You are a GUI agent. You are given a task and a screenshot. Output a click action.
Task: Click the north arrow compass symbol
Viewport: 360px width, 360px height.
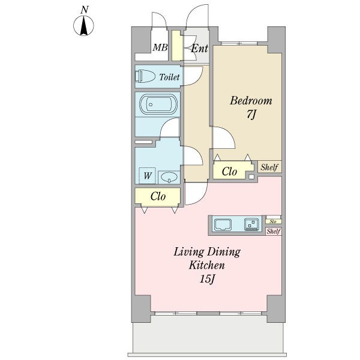click(83, 26)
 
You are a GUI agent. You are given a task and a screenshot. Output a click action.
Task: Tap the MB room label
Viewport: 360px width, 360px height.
click(160, 47)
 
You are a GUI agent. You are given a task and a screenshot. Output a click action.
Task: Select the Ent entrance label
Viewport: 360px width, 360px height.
click(199, 49)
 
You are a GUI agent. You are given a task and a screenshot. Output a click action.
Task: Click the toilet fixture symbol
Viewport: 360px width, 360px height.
click(145, 76)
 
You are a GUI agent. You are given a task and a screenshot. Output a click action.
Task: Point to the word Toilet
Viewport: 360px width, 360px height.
click(169, 77)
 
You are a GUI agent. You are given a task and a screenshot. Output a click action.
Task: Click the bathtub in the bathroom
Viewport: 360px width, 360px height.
click(158, 104)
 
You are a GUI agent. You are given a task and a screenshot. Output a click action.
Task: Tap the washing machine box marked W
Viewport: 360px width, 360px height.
click(148, 176)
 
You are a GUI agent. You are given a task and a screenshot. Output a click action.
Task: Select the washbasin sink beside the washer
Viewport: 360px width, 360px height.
click(169, 177)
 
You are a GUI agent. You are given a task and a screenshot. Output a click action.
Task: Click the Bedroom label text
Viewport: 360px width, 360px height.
click(251, 101)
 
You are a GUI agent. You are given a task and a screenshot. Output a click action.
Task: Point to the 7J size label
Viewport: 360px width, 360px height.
click(251, 114)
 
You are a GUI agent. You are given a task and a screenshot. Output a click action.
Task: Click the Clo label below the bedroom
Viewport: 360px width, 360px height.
click(229, 171)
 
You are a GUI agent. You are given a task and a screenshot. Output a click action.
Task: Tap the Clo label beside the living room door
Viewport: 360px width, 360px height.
click(158, 196)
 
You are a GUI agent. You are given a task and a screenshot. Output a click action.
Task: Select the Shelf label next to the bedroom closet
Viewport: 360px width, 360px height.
click(269, 167)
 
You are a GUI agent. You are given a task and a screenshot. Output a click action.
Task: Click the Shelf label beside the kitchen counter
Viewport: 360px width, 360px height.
click(274, 231)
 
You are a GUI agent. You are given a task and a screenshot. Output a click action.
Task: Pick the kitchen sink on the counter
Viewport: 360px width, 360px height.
click(223, 224)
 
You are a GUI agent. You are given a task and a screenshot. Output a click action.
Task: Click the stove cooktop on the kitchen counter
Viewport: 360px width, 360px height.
click(251, 224)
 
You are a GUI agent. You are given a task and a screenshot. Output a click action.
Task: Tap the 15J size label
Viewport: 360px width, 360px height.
click(207, 279)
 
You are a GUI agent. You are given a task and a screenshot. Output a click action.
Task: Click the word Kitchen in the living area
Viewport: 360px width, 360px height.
click(206, 266)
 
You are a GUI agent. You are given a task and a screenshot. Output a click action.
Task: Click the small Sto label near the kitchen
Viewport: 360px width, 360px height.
click(273, 221)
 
